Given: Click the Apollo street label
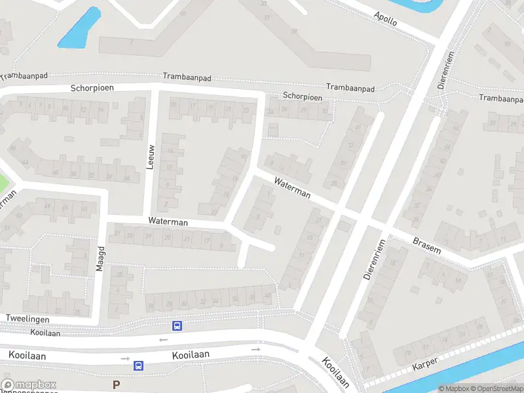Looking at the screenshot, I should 385,18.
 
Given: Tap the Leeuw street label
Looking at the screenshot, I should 150,157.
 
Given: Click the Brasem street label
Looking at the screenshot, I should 427,246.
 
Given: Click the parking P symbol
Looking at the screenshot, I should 117,384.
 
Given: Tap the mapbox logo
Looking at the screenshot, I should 29,385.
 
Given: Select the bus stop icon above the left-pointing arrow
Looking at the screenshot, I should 177,326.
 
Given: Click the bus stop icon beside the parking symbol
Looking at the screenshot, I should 138,365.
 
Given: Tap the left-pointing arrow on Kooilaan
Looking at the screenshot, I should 163,339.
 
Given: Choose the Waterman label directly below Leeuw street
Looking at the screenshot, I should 168,222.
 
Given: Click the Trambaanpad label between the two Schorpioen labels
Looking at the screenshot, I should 187,77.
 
